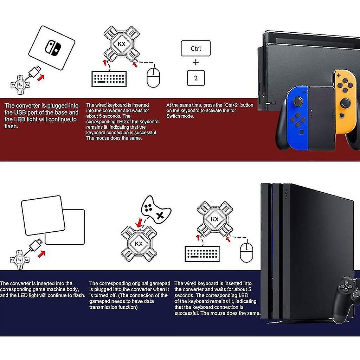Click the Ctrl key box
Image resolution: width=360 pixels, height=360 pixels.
(195, 49)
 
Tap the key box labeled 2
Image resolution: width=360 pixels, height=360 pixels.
(195, 78)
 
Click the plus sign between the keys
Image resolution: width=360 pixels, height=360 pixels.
(195, 63)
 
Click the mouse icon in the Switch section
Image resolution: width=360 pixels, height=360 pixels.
(153, 77)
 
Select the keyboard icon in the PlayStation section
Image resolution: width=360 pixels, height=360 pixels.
(202, 253)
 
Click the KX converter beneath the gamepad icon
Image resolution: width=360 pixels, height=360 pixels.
(139, 243)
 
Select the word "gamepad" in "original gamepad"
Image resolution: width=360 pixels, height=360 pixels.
(159, 283)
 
